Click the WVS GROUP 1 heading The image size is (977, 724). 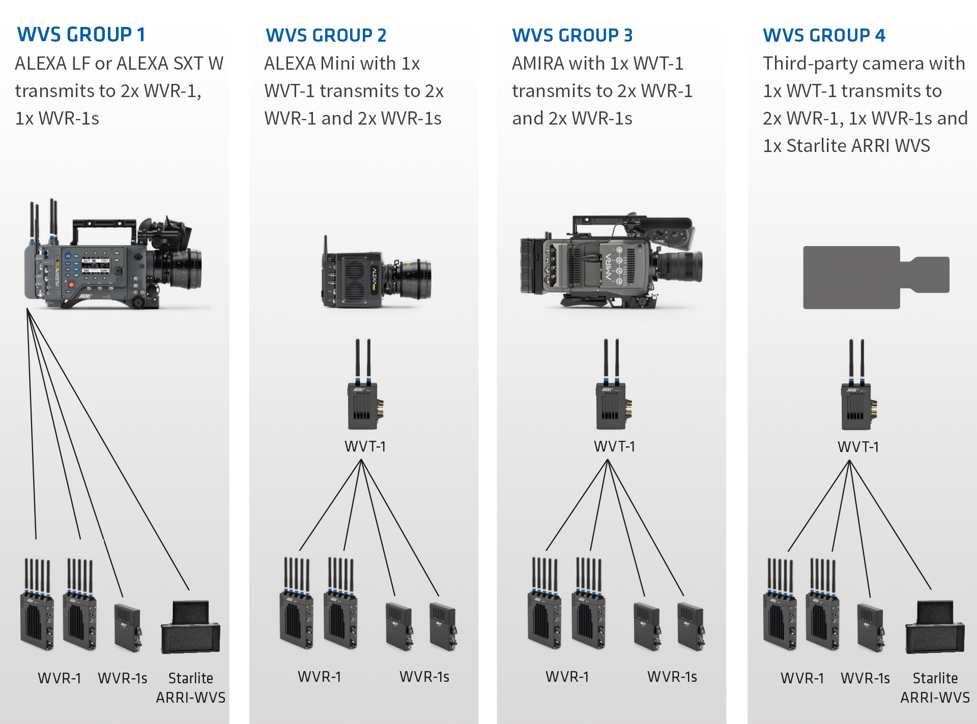coord(81,35)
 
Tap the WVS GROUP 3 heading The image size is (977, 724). coord(572,36)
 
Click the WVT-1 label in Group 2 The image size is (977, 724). coord(365,446)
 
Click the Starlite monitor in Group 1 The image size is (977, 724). coord(191,628)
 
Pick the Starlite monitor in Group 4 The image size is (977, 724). coord(935,628)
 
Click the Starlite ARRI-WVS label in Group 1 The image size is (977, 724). coord(191,687)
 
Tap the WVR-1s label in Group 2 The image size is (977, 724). coord(424,677)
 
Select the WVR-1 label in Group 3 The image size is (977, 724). coord(567,677)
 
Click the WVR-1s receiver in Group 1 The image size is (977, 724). coord(128,628)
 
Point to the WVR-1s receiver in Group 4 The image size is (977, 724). coord(871,628)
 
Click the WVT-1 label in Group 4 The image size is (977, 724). coord(858,447)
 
